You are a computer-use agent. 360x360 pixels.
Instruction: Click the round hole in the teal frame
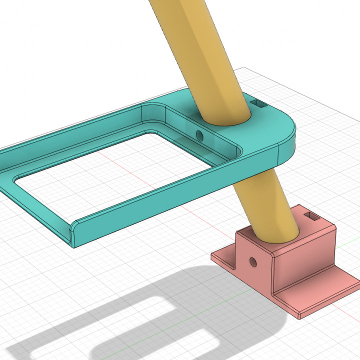click(x=200, y=135)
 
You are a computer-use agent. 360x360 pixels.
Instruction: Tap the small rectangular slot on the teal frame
click(x=259, y=104)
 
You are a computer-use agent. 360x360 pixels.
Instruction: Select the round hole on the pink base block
click(x=253, y=261)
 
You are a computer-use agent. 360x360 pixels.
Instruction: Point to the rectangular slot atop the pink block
click(x=312, y=216)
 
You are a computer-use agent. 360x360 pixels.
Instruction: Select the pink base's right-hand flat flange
click(x=320, y=295)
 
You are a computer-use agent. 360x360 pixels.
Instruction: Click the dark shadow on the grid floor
click(x=125, y=310)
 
